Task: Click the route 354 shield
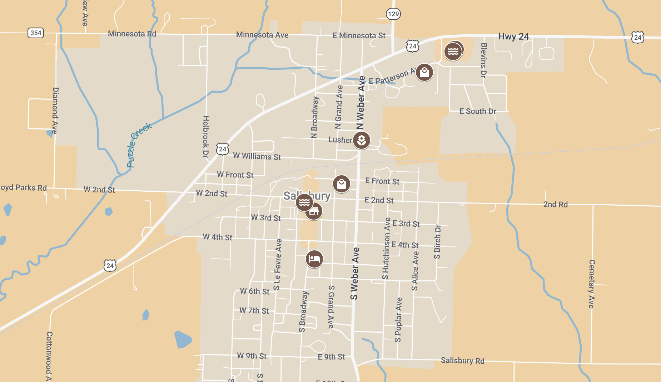[x=36, y=33]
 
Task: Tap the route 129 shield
[x=393, y=14]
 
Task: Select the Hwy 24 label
[x=513, y=36]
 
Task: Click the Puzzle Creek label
[x=139, y=145]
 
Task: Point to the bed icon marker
[x=314, y=259]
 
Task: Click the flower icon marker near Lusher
[x=362, y=140]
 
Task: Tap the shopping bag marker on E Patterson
[x=424, y=73]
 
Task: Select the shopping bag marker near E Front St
[x=342, y=184]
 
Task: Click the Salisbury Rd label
[x=462, y=361]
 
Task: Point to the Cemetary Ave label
[x=592, y=284]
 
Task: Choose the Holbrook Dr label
[x=206, y=137]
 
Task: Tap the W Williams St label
[x=257, y=156]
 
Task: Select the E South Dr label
[x=478, y=111]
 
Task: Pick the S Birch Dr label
[x=437, y=241]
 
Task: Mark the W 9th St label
[x=252, y=356]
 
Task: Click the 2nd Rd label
[x=555, y=205]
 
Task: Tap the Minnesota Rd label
[x=132, y=34]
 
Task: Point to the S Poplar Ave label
[x=398, y=320]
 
